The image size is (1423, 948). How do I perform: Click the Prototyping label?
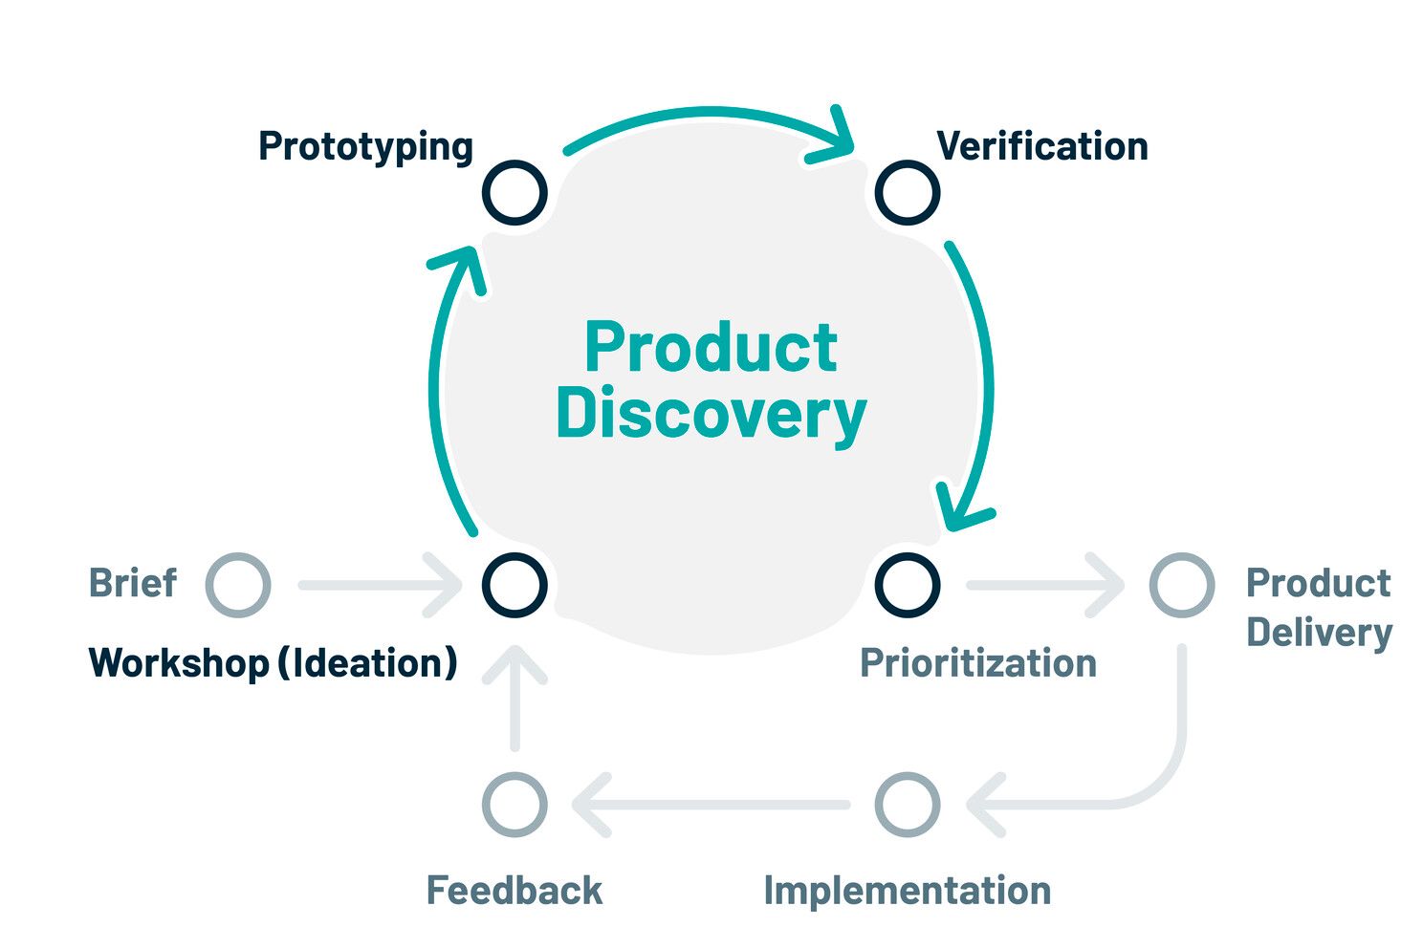365,147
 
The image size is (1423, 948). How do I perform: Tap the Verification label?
1041,146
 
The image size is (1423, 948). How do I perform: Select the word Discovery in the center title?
711,413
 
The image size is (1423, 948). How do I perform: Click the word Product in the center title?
711,347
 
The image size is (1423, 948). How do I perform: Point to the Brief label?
133,583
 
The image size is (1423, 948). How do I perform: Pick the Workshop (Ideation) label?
273,663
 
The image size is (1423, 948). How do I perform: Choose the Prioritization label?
977,663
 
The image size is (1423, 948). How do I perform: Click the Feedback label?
514,891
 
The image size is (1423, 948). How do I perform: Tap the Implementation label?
907,891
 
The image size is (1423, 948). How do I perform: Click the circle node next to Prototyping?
514,192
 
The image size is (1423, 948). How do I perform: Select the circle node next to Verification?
908,192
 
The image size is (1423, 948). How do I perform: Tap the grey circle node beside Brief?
238,584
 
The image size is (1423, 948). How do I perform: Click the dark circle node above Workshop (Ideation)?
514,584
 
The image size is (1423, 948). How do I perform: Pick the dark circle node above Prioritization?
908,584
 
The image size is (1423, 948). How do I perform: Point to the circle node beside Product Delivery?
1182,584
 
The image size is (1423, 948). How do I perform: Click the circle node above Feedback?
514,805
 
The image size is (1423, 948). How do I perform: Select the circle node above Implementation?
908,805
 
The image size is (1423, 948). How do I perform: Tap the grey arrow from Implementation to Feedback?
712,805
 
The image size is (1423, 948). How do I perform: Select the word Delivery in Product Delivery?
1319,633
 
